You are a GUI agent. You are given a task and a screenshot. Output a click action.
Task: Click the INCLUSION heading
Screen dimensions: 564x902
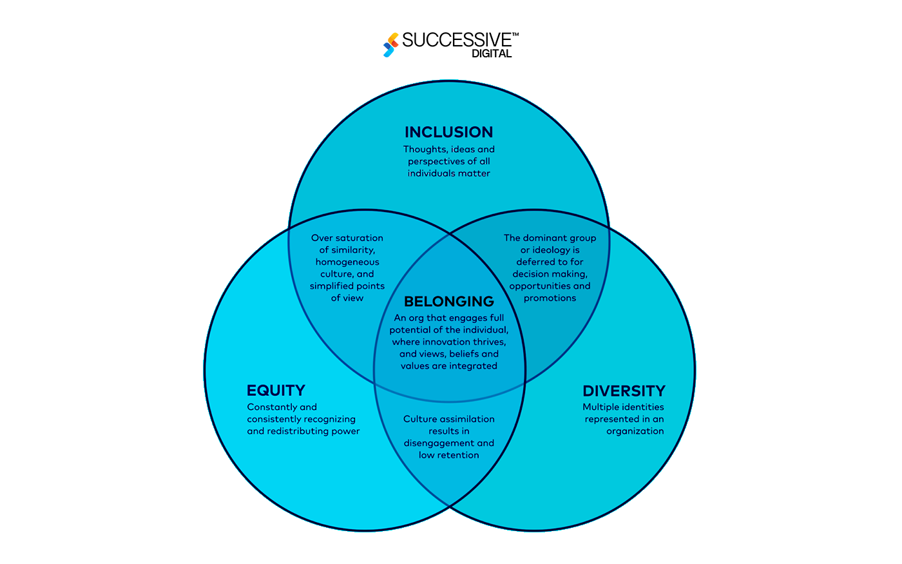[448, 132]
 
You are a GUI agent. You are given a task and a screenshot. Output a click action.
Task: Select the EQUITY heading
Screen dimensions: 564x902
[276, 391]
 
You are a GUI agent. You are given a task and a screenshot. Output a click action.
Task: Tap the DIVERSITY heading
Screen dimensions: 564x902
[624, 391]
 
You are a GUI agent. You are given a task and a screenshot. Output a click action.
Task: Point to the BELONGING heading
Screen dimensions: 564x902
[449, 302]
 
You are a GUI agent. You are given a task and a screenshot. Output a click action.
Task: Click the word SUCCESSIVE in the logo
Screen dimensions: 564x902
[457, 40]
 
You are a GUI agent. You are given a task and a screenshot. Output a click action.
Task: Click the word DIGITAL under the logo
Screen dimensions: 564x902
[492, 54]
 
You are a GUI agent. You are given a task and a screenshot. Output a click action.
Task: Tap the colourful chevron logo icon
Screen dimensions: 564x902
[390, 45]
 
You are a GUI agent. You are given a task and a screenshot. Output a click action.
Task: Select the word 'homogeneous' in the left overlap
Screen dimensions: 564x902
[347, 262]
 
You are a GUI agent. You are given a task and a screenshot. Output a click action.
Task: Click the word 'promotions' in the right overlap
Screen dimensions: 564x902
[550, 298]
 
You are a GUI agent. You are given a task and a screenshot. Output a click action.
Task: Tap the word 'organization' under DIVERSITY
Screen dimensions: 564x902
[635, 431]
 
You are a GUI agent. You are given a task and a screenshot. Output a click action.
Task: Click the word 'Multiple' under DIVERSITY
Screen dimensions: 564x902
[601, 407]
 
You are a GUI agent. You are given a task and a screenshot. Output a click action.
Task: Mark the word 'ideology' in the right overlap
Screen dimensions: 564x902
[551, 250]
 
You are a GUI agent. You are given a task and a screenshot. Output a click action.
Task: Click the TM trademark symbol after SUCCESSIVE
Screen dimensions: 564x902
[515, 34]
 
